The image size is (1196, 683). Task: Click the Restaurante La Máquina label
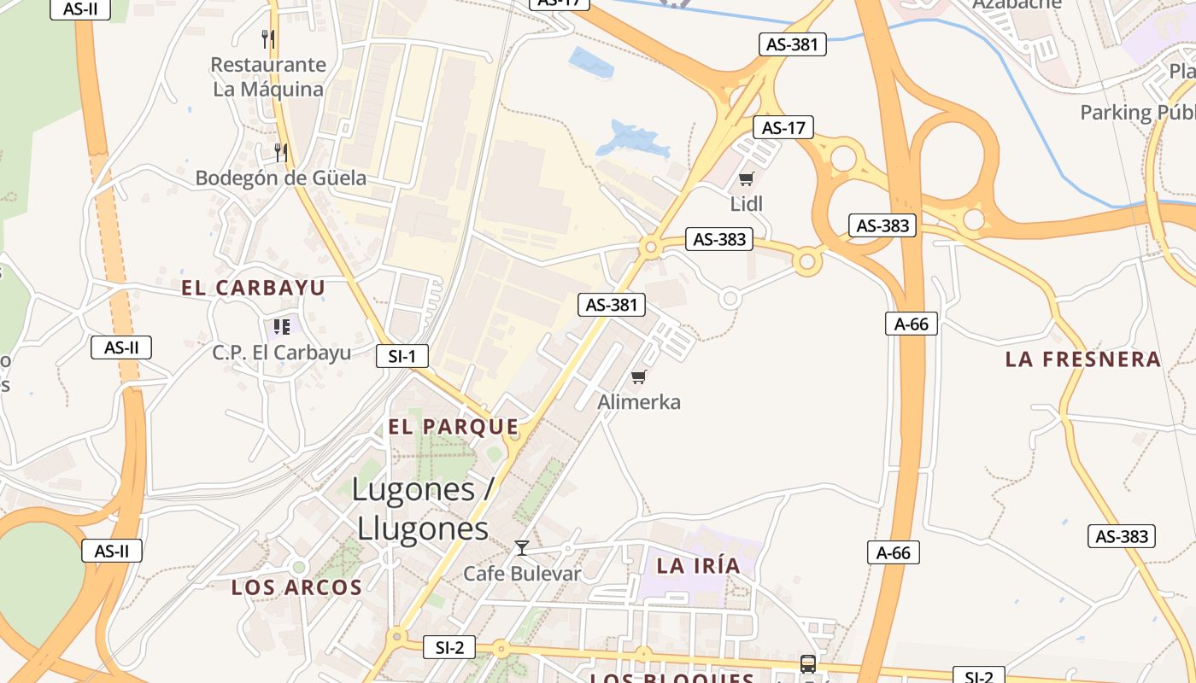pos(268,77)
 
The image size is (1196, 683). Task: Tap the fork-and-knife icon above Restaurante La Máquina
pos(268,38)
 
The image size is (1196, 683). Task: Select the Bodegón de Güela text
pos(280,178)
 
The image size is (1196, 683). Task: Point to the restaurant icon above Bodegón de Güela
pos(280,153)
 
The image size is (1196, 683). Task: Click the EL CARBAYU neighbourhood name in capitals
pos(253,288)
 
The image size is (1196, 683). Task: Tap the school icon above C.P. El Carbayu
pos(282,326)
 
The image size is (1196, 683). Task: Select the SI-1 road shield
pos(402,356)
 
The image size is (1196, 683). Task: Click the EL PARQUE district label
pos(453,427)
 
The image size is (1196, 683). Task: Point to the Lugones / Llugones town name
pos(424,509)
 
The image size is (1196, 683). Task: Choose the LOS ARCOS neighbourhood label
pos(296,587)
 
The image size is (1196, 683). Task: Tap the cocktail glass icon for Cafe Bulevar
pos(522,548)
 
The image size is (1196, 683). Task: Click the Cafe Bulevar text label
pos(522,573)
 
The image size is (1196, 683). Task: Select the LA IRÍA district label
pos(698,564)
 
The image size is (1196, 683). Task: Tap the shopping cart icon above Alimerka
pos(638,377)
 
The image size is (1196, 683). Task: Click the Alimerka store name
pos(639,402)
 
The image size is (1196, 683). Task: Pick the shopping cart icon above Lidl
pos(747,178)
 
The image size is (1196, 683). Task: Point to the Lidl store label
pos(747,203)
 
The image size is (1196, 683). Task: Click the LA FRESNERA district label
pos(1083,359)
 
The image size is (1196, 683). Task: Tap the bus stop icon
pos(807,663)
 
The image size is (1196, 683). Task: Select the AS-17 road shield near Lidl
pos(783,128)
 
